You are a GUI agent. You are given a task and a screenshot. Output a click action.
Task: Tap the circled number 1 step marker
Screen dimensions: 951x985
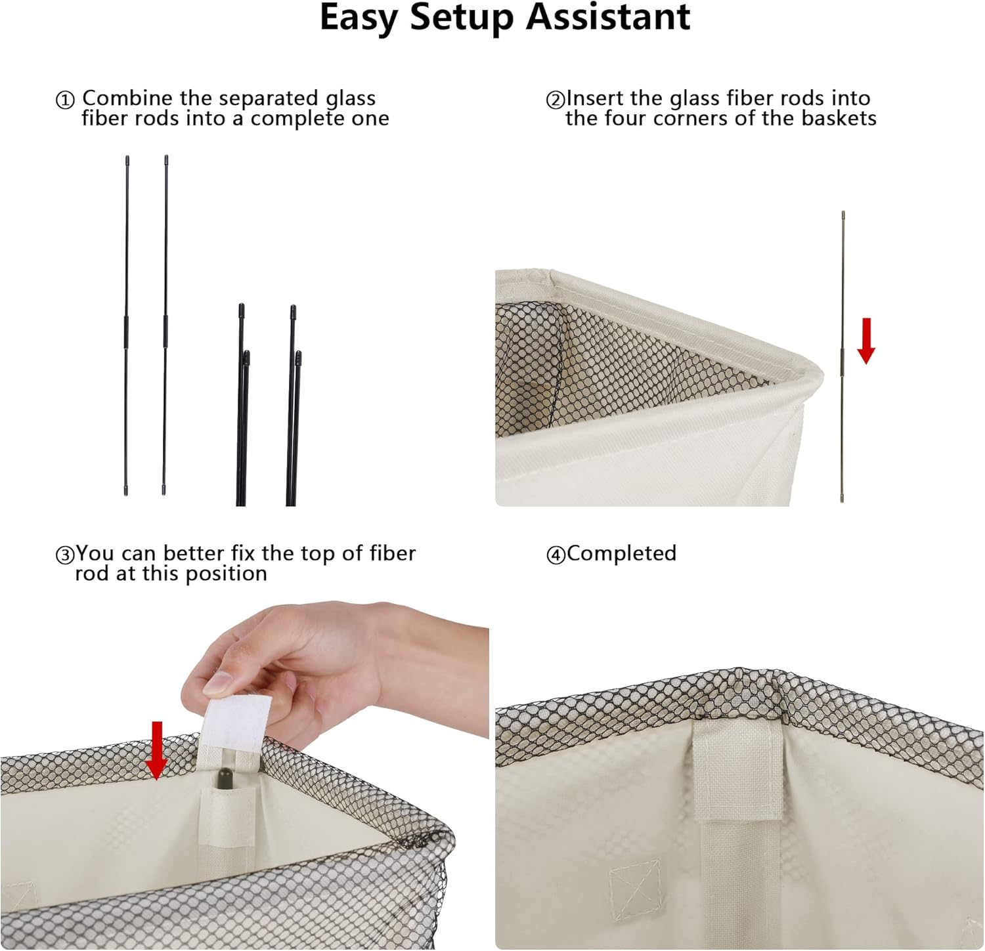pos(64,100)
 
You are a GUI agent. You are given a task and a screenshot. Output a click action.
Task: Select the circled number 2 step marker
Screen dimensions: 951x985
pos(555,100)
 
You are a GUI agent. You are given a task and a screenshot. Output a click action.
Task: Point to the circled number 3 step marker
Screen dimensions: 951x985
pos(64,556)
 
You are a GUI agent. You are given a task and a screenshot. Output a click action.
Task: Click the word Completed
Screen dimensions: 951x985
pos(621,553)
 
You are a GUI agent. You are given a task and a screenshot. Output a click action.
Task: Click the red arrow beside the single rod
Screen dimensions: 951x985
pos(866,341)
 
